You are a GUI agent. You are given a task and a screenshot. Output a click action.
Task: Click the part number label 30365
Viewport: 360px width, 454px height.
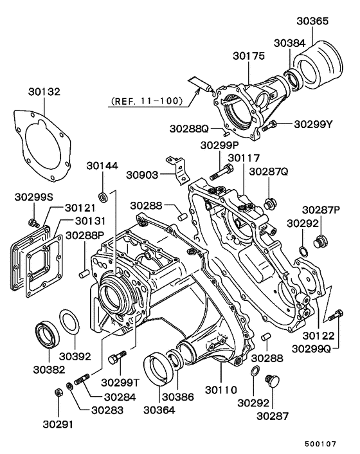point(312,21)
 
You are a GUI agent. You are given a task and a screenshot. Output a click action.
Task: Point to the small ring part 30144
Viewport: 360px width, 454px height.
point(102,195)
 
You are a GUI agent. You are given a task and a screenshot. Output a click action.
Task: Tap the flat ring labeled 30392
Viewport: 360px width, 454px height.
point(70,322)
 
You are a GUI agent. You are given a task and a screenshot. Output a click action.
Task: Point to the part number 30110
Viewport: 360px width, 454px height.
point(221,389)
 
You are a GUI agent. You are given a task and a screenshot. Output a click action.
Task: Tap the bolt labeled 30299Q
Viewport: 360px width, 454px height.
point(333,316)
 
